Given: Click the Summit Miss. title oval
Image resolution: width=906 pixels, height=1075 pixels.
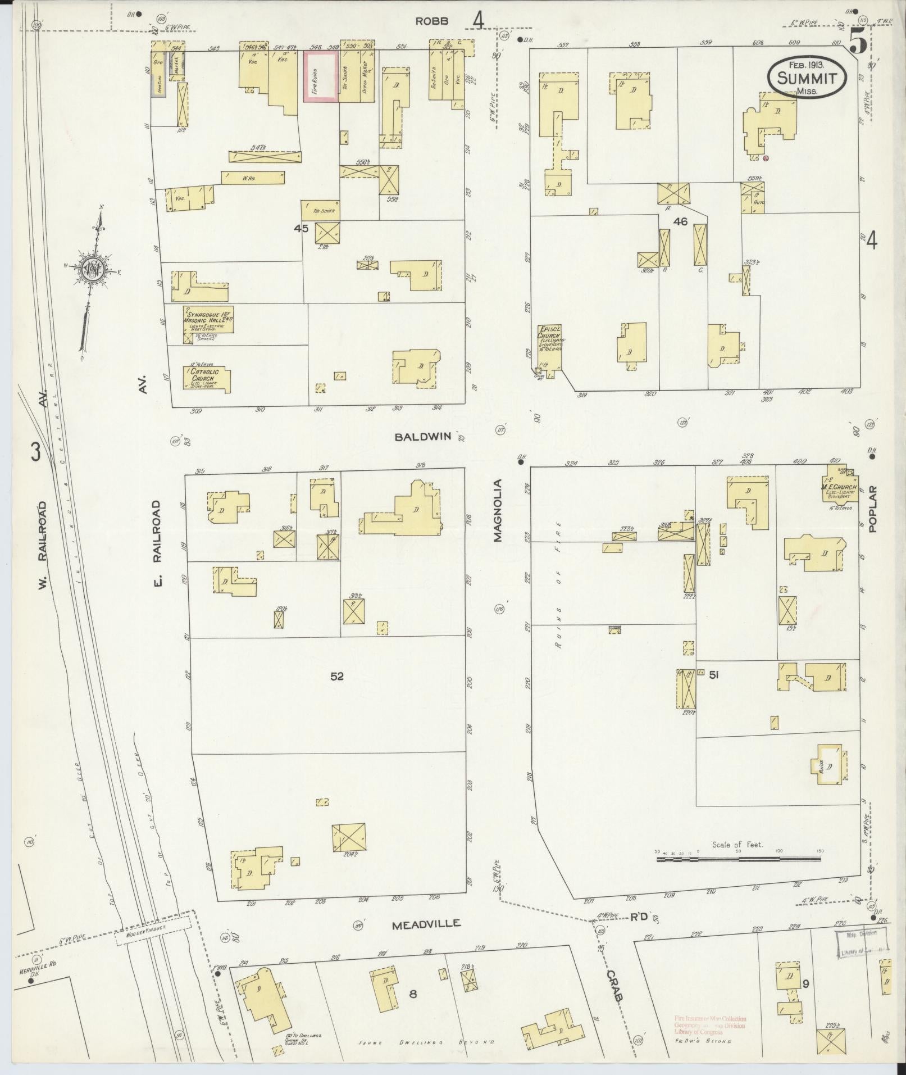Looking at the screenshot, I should point(807,79).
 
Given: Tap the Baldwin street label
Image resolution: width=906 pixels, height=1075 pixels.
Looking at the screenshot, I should point(422,437).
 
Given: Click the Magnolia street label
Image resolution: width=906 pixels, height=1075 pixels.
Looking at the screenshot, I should point(498,510).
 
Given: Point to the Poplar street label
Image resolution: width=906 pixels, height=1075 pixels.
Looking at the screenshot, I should point(872,509).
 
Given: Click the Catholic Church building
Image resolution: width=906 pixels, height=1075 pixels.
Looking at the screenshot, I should point(207,378).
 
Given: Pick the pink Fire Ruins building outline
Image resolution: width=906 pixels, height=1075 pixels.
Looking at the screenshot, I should point(321,77).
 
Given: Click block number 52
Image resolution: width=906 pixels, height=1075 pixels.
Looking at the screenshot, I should point(336,677).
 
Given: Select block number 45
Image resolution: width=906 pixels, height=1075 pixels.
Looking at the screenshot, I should point(301,228).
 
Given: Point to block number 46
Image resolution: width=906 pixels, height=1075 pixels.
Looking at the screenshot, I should point(680,221).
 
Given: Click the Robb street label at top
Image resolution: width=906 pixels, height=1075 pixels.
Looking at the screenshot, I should point(432,21).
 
